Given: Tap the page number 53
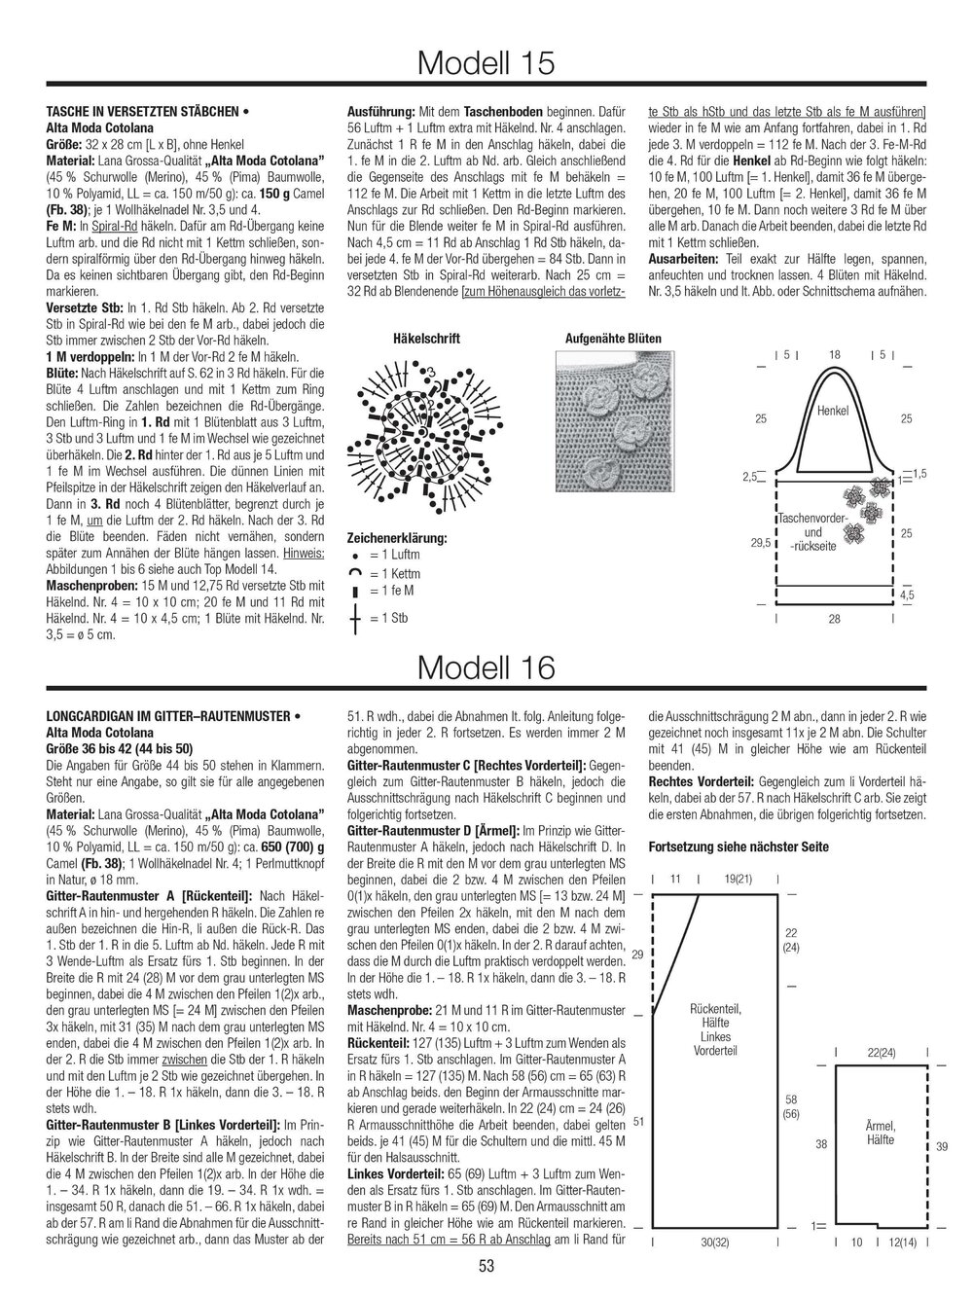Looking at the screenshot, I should (x=487, y=1266).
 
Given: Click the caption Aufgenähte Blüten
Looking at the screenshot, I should (x=613, y=339).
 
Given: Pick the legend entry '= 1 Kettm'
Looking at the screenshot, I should (x=393, y=572).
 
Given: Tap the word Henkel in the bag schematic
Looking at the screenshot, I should (x=833, y=411).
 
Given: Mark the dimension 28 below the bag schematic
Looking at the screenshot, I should (x=835, y=620).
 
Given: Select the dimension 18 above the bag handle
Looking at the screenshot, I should (x=834, y=355).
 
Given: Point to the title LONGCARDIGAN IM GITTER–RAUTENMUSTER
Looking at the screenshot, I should (x=171, y=717).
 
